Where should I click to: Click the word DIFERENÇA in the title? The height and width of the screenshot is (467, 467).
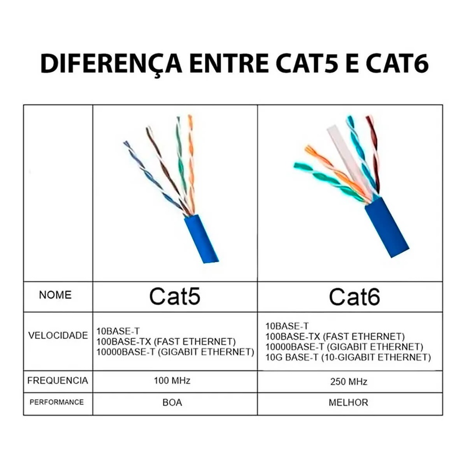[x=111, y=64]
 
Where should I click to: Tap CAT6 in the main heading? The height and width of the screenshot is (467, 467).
[x=397, y=63]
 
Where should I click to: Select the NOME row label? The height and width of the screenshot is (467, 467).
[x=55, y=295]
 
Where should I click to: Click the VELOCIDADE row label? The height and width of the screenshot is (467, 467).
[x=58, y=335]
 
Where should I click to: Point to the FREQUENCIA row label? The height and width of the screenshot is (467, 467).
[x=58, y=381]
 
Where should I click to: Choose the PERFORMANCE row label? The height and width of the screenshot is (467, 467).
[x=57, y=402]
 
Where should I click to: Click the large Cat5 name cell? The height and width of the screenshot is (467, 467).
[x=175, y=296]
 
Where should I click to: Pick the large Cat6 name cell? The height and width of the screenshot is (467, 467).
[x=354, y=296]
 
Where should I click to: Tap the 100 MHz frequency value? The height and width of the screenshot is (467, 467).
[x=172, y=381]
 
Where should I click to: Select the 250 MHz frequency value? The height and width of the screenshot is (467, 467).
[x=349, y=382]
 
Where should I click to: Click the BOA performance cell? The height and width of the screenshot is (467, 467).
[x=172, y=402]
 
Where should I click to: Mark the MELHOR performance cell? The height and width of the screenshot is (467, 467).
[x=348, y=402]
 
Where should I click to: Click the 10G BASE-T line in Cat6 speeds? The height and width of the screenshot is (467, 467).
[x=348, y=357]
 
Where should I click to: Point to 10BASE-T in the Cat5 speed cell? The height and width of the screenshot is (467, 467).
[x=118, y=331]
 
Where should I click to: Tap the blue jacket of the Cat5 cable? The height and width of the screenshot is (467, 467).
[x=201, y=239]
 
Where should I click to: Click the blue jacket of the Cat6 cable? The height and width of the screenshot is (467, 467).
[x=387, y=227]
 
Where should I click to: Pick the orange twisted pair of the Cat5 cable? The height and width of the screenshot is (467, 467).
[x=191, y=164]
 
